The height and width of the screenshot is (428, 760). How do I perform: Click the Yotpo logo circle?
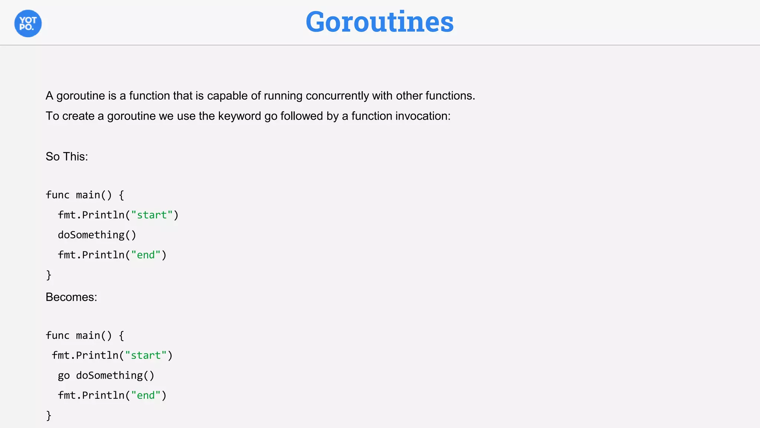pos(28,23)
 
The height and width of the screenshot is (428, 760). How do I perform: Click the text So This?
pos(67,156)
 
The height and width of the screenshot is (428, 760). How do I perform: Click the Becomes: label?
pos(71,297)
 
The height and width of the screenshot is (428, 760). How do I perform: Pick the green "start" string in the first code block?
pos(152,215)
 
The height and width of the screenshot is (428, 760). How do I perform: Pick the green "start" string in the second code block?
pos(146,356)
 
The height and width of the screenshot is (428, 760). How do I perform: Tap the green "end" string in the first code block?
pos(146,255)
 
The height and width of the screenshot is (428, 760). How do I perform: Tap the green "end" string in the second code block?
pos(146,396)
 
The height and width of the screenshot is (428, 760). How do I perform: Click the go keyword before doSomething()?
pos(64,376)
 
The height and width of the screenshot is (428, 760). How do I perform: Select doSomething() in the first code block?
pos(97,235)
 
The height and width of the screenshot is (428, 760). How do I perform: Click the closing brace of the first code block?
pos(49,275)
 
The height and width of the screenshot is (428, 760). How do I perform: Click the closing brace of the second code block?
pos(49,416)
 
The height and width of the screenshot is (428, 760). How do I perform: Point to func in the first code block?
pos(58,195)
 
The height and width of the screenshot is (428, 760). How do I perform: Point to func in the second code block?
pos(58,335)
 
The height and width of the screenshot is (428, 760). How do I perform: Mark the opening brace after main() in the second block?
pos(121,336)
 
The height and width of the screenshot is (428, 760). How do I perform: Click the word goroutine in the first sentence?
pos(81,96)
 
